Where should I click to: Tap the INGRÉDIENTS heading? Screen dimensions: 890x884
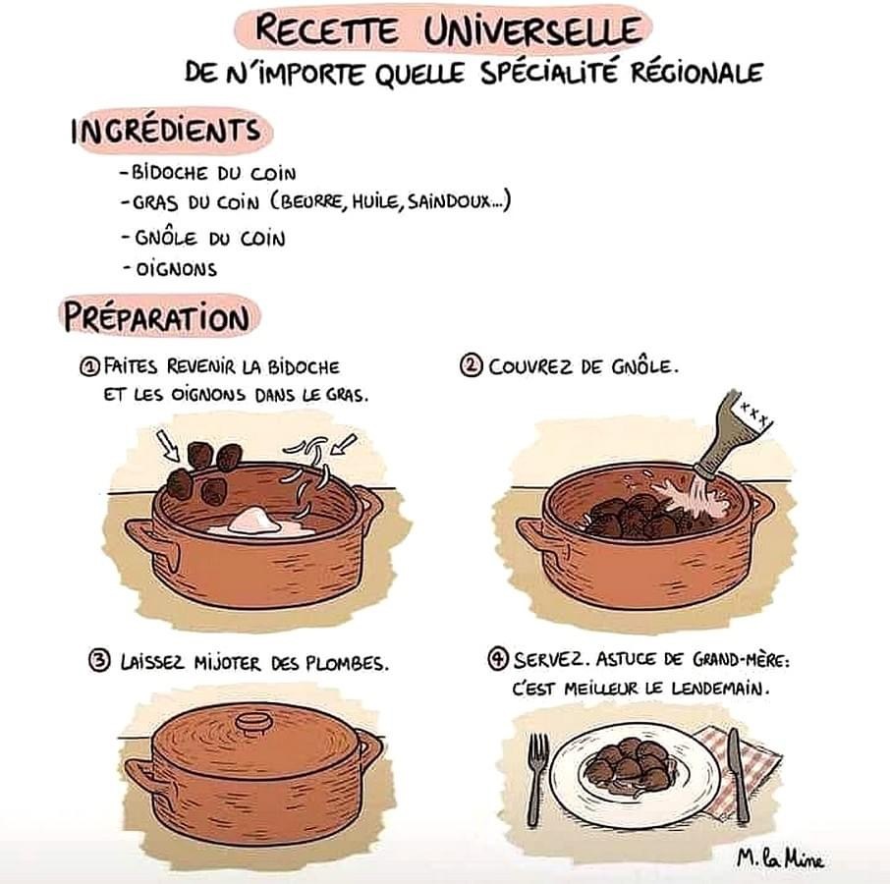point(166,131)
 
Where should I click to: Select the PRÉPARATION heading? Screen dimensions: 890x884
point(156,316)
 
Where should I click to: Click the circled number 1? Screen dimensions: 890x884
point(89,366)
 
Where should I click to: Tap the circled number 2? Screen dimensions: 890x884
point(471,366)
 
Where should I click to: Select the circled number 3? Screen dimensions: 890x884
point(99,661)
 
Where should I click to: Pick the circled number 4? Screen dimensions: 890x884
point(498,659)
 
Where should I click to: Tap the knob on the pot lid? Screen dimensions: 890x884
point(254,723)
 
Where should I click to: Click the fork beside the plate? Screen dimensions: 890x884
point(536,777)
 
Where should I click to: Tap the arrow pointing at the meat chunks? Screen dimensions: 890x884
point(168,445)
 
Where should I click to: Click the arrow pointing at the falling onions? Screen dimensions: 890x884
point(344,444)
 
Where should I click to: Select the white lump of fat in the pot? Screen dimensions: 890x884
point(253,521)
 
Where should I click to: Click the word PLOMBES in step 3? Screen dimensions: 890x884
point(347,663)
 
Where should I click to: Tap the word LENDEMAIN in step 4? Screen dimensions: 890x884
point(720,689)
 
